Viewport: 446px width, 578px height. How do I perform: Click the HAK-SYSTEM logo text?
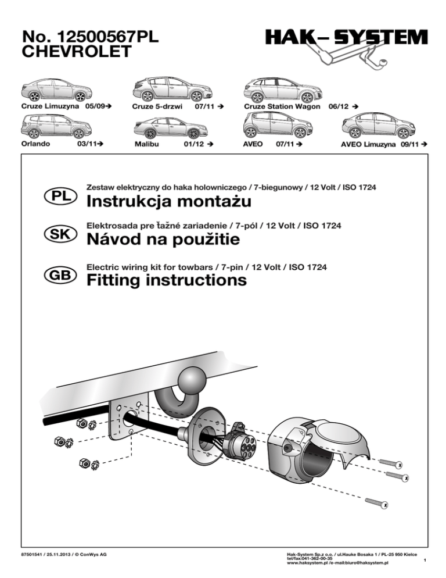[x=347, y=39]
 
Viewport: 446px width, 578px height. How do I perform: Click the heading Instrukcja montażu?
[x=168, y=202]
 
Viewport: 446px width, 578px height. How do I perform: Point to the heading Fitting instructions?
[x=166, y=281]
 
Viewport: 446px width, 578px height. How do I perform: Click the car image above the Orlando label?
[x=49, y=125]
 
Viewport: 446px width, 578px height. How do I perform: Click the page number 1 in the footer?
[x=425, y=561]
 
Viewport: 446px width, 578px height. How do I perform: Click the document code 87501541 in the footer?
[x=34, y=555]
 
